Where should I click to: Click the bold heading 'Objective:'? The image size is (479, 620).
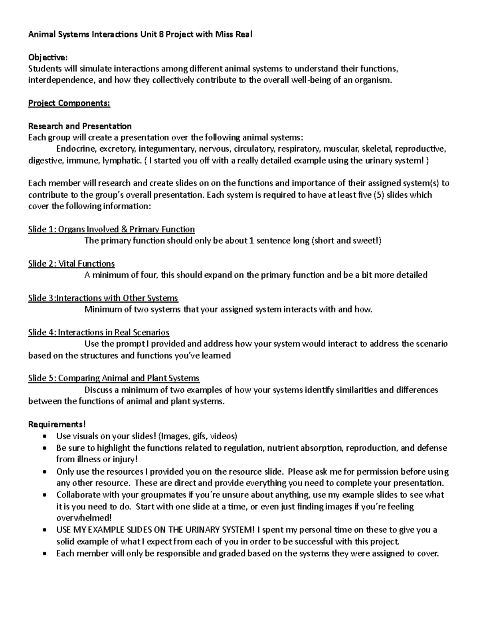pyautogui.click(x=45, y=57)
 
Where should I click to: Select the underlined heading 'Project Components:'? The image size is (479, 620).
pyautogui.click(x=69, y=103)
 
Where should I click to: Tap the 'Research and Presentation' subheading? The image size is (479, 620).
pyautogui.click(x=80, y=126)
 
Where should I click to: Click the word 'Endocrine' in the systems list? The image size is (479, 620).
pyautogui.click(x=76, y=149)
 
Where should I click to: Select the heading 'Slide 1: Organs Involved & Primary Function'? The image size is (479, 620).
pyautogui.click(x=111, y=229)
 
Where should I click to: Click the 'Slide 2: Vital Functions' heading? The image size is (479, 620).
pyautogui.click(x=71, y=263)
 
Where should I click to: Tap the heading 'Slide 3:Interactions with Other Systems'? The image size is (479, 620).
pyautogui.click(x=103, y=298)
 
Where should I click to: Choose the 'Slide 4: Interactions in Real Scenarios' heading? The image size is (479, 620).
pyautogui.click(x=99, y=332)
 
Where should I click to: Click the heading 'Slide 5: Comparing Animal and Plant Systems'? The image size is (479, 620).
pyautogui.click(x=114, y=378)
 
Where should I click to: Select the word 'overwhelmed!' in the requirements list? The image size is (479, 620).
pyautogui.click(x=84, y=518)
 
